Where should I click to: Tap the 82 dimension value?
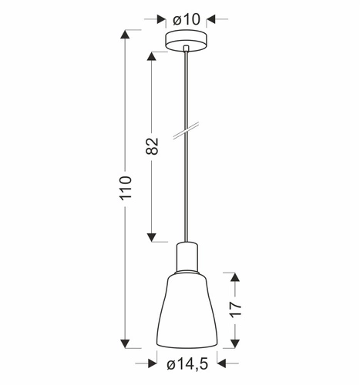(152, 146)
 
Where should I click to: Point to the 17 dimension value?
(236, 310)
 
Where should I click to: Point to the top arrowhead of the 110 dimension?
(126, 35)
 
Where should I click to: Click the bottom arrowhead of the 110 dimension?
(126, 342)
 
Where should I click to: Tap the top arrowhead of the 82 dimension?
(152, 55)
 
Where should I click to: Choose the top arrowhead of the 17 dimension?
(236, 276)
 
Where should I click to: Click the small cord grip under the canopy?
(187, 51)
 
